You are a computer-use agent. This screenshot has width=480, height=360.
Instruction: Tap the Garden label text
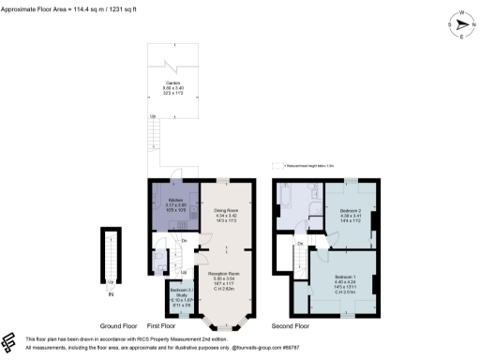174,89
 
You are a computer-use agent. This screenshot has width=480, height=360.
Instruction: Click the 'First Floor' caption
187,326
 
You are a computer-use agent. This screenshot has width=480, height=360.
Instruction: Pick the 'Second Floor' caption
291,326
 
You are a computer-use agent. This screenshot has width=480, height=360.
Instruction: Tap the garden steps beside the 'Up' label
150,137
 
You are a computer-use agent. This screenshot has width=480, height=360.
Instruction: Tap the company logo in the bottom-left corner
10,341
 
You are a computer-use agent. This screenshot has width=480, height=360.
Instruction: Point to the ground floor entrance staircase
112,258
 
